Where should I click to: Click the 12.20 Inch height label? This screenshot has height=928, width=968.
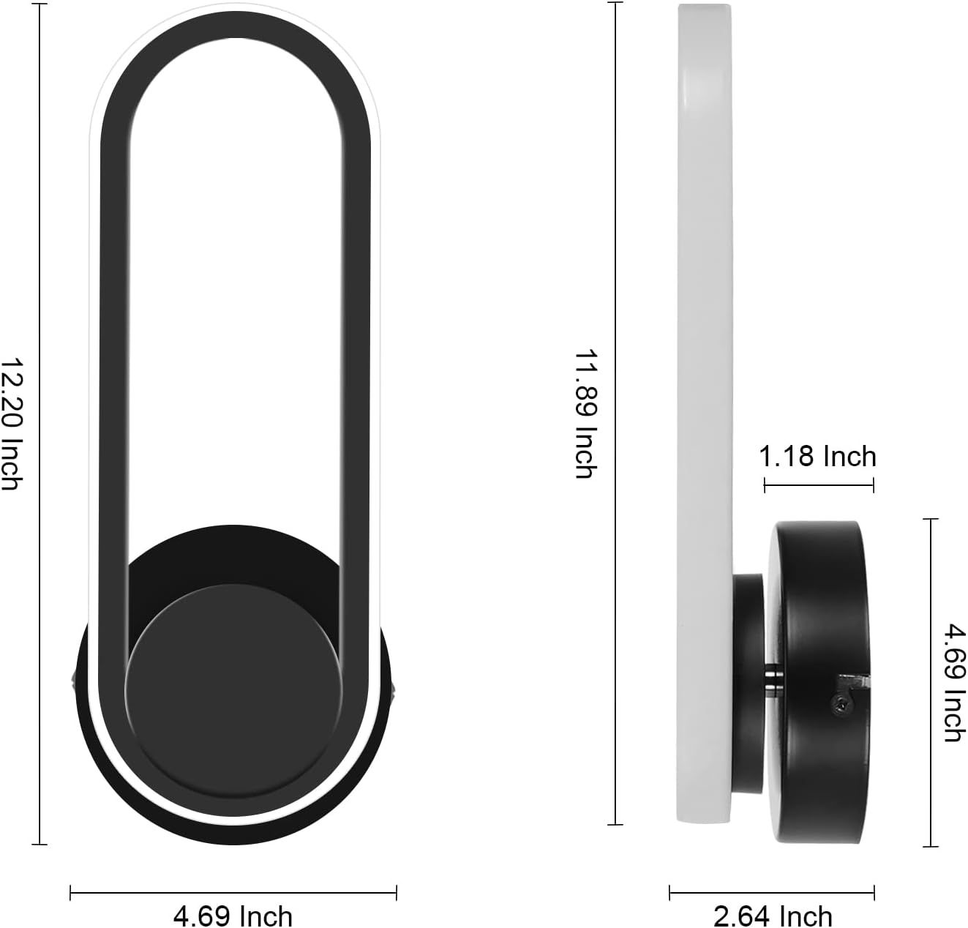click(x=11, y=423)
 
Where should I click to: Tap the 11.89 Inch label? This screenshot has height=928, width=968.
click(x=585, y=414)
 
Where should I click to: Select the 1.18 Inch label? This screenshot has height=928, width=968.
click(x=817, y=456)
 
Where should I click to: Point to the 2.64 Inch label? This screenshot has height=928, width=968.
click(x=773, y=916)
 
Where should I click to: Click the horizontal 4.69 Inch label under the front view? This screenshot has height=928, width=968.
click(x=233, y=916)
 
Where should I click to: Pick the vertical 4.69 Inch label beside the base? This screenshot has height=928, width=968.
click(x=955, y=682)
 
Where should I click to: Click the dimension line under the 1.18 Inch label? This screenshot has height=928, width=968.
click(x=819, y=484)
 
